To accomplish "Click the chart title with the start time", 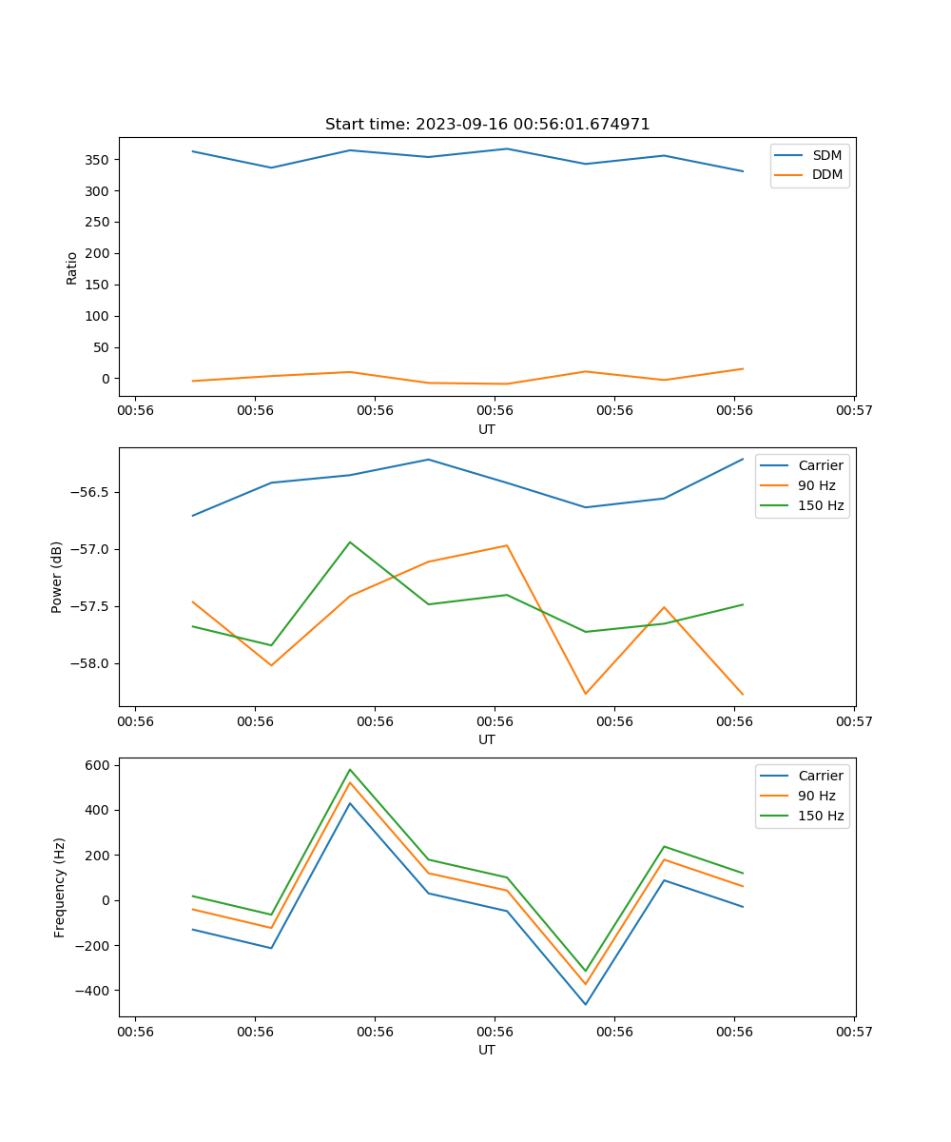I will click(487, 125).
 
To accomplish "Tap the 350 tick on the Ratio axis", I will click(98, 160).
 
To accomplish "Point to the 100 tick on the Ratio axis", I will click(98, 316).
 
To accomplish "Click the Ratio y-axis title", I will click(71, 267).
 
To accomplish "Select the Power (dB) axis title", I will click(57, 577).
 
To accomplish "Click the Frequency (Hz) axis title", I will click(59, 887).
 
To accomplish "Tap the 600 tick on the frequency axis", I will click(98, 765).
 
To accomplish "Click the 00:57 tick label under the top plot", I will click(854, 411).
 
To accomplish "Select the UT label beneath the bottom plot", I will click(487, 1050).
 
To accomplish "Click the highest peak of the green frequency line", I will click(350, 769).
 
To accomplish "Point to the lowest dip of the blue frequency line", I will click(585, 1004).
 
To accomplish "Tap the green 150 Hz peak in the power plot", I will click(350, 542).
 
